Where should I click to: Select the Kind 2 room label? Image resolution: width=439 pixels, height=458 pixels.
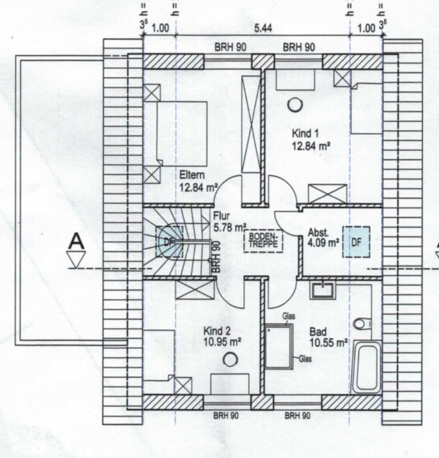(217, 330)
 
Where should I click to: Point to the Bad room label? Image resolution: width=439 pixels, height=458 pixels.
(319, 332)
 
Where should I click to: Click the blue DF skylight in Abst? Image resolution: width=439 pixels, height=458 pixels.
(357, 242)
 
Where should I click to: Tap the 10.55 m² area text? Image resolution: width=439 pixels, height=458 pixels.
(328, 343)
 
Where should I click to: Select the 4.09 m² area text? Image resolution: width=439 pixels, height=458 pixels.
(324, 242)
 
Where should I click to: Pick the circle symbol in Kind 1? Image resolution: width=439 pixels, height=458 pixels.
(296, 104)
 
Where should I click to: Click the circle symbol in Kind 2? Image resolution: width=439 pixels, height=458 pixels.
(230, 360)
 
